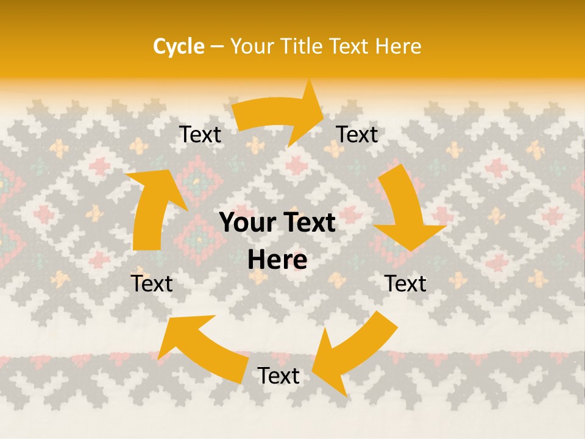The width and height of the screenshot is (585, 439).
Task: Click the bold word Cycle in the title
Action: pyautogui.click(x=179, y=46)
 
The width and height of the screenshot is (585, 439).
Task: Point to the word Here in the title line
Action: pyautogui.click(x=398, y=46)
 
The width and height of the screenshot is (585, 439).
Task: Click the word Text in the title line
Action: pyautogui.click(x=350, y=46)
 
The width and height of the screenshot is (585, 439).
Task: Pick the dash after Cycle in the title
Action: pyautogui.click(x=217, y=47)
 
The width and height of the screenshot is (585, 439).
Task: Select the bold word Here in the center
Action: pyautogui.click(x=277, y=260)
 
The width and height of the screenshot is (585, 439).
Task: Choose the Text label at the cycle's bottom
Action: pyautogui.click(x=278, y=376)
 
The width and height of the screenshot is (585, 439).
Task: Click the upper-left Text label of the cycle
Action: pyautogui.click(x=200, y=135)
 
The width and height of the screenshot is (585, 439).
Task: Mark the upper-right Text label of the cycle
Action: pyautogui.click(x=357, y=135)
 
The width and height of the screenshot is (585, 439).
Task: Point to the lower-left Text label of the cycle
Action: pyautogui.click(x=152, y=284)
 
